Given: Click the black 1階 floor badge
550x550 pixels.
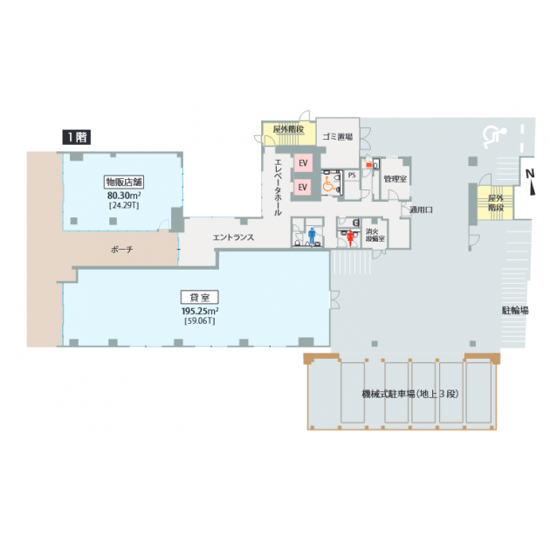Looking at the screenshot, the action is click(77, 137).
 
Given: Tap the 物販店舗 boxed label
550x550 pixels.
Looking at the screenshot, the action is click(124, 182).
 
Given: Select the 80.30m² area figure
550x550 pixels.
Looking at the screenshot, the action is click(124, 195).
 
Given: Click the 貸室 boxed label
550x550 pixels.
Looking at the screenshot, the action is click(200, 298).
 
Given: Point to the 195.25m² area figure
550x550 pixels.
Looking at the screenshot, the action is click(200, 311).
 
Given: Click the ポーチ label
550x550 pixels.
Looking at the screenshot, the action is click(121, 250).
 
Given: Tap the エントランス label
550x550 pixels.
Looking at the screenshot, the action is click(233, 237).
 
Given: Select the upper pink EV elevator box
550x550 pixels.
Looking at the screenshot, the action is click(303, 163).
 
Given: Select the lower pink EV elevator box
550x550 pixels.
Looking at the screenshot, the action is click(303, 188).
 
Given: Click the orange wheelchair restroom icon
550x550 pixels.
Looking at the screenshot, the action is click(328, 184).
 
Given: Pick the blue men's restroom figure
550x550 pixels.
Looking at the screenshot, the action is click(312, 236).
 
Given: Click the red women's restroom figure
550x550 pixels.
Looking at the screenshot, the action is click(350, 237).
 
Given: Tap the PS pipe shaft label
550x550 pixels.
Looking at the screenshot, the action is click(352, 175).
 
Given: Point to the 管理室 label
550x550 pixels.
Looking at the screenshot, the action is click(395, 179).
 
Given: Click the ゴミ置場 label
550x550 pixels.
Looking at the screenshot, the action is click(338, 137).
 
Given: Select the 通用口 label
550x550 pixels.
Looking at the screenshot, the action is click(421, 210).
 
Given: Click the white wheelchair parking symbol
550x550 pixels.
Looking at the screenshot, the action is click(494, 137).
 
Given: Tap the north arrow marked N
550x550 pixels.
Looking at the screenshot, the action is click(531, 182).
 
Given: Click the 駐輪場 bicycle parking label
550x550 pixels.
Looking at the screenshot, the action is click(515, 311).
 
